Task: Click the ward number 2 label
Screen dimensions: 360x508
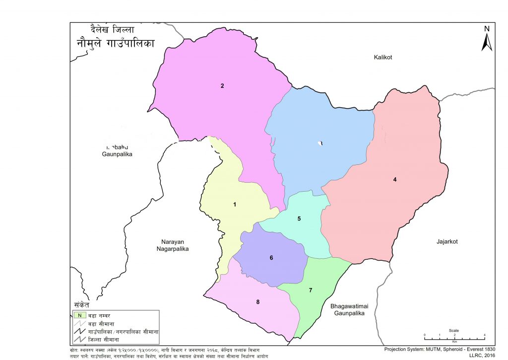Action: tap(223, 86)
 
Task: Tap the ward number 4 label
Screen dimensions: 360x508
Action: tap(395, 179)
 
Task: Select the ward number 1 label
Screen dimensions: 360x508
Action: tap(235, 204)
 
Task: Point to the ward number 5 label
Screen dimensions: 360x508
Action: tap(299, 218)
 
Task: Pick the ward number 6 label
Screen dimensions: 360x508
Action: tap(271, 258)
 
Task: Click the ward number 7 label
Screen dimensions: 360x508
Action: tap(311, 290)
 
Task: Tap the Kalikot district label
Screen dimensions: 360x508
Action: tap(383, 58)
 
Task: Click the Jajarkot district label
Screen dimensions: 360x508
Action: tap(446, 242)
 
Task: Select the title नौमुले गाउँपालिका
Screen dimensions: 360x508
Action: tap(115, 43)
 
